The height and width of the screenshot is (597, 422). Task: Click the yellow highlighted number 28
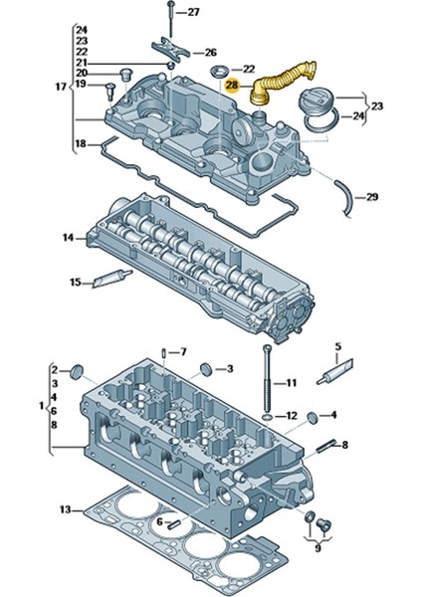(232, 87)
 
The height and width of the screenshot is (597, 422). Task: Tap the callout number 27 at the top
(193, 12)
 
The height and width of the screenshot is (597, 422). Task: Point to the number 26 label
(210, 52)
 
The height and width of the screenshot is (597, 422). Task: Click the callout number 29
(372, 197)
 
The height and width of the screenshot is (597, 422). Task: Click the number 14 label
(67, 238)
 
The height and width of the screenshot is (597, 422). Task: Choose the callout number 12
(291, 415)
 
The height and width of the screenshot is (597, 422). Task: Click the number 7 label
(182, 352)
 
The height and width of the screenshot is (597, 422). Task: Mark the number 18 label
(81, 145)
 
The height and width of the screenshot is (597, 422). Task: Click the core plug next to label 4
(313, 415)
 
